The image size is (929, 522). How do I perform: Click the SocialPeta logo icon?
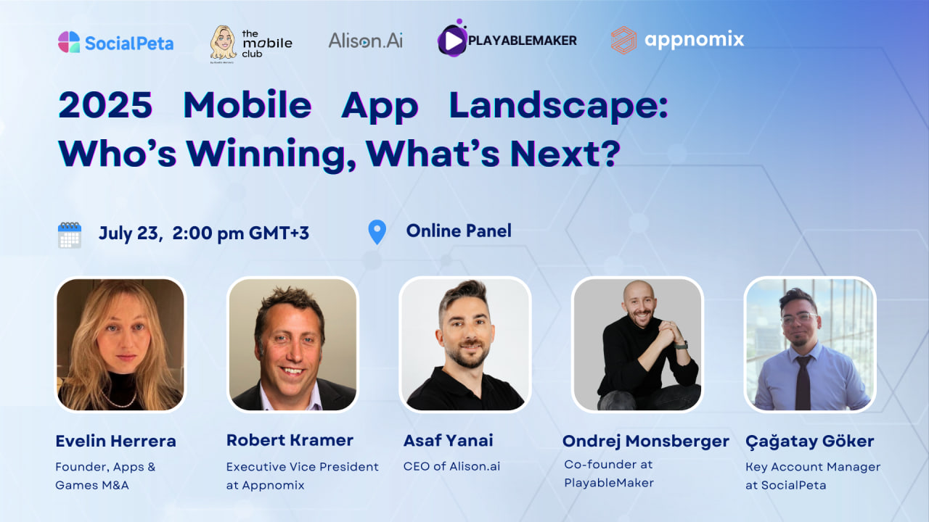[x=69, y=42]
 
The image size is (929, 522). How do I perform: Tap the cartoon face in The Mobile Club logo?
[x=223, y=43]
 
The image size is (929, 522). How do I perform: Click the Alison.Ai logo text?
[x=365, y=41]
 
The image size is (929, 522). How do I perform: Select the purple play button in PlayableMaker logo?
[x=452, y=40]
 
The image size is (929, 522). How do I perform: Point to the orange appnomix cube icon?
[x=623, y=40]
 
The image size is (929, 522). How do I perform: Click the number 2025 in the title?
[x=105, y=105]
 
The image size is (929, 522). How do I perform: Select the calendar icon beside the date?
[x=70, y=235]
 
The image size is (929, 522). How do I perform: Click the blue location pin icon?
[x=377, y=231]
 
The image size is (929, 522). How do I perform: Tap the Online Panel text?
[x=459, y=231]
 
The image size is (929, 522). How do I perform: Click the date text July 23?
[x=129, y=233]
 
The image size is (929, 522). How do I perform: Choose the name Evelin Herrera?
[x=115, y=441]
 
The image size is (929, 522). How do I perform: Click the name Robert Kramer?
[x=290, y=440]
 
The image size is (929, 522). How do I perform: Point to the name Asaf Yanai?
[x=449, y=440]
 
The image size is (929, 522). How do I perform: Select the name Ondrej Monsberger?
[x=646, y=442]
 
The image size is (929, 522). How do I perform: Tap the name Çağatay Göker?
[x=809, y=442]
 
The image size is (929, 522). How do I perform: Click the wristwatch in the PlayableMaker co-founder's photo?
[x=682, y=344]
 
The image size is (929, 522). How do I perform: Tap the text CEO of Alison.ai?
[x=451, y=466]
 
